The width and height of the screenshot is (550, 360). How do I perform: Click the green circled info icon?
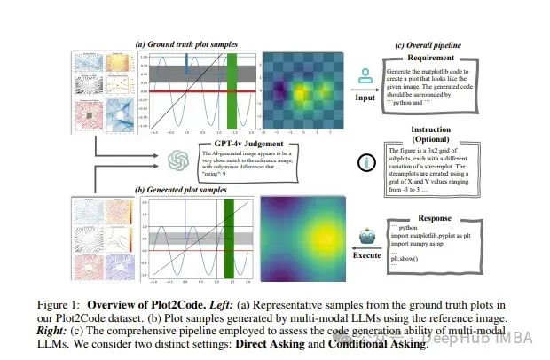365,161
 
